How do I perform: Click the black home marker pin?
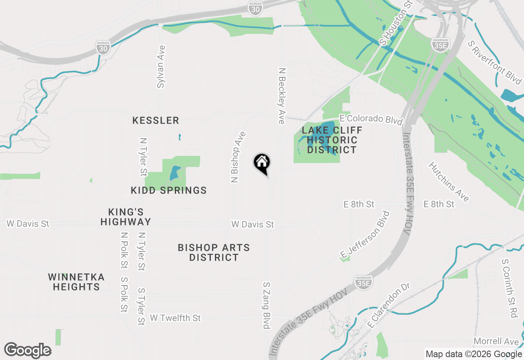coord(262,164)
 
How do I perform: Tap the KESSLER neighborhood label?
coord(156,120)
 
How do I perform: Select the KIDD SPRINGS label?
coord(169,190)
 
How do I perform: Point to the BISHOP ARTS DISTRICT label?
coord(214,252)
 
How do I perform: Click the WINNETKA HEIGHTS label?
coord(76,282)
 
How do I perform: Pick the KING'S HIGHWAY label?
coord(126,217)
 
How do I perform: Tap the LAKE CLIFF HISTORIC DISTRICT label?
coord(332,140)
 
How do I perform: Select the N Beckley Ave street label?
coord(281,96)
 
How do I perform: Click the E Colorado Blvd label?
coord(371,119)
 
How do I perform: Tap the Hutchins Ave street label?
coord(449,182)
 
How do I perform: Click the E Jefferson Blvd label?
coord(365,235)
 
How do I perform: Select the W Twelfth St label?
coord(175,318)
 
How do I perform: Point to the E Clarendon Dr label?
coord(389,304)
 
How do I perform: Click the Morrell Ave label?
coord(496,341)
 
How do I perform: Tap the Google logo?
coord(28,351)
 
